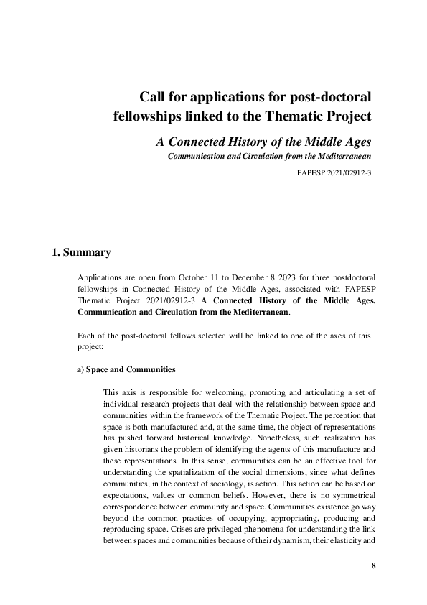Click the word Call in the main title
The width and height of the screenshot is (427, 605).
point(152,96)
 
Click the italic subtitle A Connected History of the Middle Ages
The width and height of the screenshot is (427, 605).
point(263,140)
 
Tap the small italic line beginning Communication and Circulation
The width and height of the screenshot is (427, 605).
point(269,156)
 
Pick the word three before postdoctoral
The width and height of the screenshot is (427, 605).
point(334,277)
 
